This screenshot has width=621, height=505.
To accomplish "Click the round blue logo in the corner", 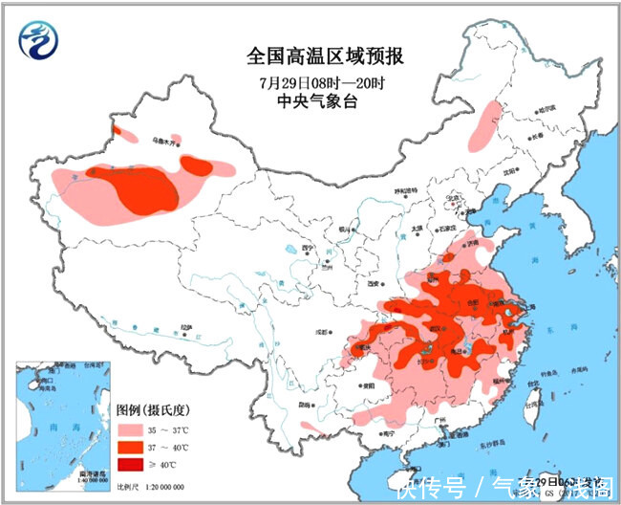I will [x=38, y=39].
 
